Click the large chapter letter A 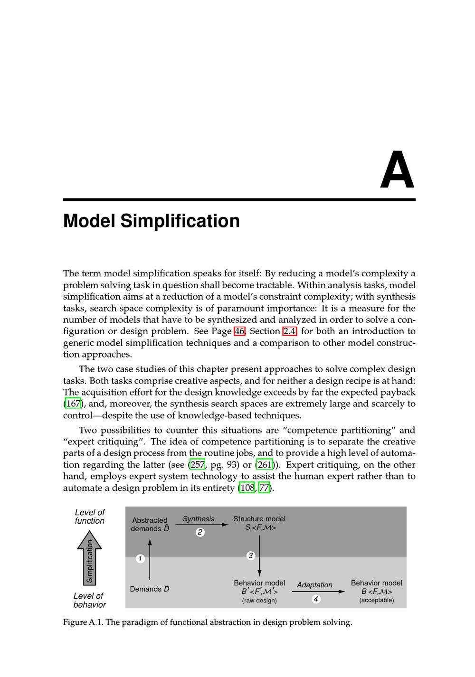click(x=397, y=170)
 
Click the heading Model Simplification click(x=152, y=221)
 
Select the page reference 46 click(x=239, y=331)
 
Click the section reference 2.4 click(x=289, y=331)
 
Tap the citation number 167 click(x=73, y=404)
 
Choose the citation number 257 click(x=197, y=465)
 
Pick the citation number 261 click(x=265, y=465)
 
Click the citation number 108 click(x=247, y=488)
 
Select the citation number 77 click(x=264, y=488)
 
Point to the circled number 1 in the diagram click(x=140, y=559)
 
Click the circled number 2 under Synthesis click(x=200, y=532)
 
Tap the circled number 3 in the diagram click(x=251, y=555)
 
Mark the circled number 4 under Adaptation click(x=316, y=599)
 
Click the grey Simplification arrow click(x=89, y=558)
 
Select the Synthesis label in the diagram click(x=199, y=519)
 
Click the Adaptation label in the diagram click(x=314, y=585)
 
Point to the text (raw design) click(x=259, y=600)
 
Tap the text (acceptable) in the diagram click(x=376, y=600)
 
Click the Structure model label click(x=259, y=519)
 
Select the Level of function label click(x=90, y=517)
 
